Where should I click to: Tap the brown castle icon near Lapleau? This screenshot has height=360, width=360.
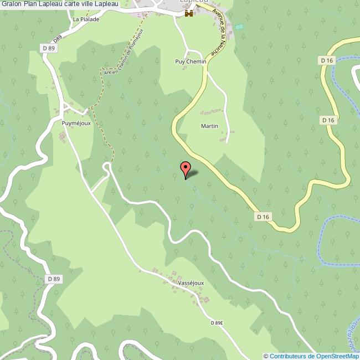point(189,13)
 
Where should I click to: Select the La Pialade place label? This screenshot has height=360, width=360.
point(86,19)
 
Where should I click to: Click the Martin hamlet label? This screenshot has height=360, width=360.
point(209,126)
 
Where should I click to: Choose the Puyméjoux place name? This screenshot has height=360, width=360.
point(76,123)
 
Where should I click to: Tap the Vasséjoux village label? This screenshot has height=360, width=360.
point(191,282)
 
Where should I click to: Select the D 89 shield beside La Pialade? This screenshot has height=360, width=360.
point(49,49)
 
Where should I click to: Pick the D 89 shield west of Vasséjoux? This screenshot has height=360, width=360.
point(53,279)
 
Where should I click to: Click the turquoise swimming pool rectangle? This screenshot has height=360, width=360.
point(239,27)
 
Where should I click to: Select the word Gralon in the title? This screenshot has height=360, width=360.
point(12,4)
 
